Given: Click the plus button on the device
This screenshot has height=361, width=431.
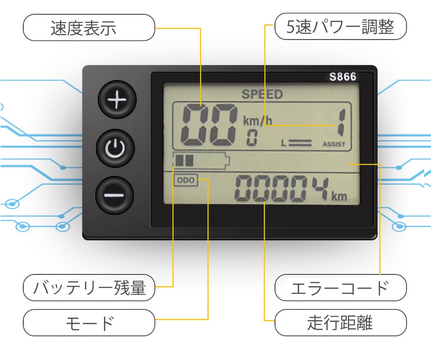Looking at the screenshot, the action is [117, 100].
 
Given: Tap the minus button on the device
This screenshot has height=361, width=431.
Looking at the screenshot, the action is [115, 195].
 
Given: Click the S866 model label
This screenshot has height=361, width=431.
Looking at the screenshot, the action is [343, 77].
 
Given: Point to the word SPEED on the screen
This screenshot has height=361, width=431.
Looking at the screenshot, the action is [262, 94].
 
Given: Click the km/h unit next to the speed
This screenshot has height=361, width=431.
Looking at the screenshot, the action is [257, 120].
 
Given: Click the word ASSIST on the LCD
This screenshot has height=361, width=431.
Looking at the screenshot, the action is [334, 144].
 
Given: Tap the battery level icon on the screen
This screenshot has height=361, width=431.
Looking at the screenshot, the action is [201, 160].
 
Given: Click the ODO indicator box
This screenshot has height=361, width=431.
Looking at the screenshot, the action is [186, 180].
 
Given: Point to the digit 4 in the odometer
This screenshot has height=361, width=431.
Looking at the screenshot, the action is [321, 188].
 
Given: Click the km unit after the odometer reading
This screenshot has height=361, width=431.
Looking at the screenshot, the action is [339, 196].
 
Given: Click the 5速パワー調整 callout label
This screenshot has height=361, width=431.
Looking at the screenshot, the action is [340, 26].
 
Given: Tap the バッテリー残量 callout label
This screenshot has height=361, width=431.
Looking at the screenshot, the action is [89, 287].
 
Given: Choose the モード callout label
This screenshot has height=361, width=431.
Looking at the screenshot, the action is [89, 323].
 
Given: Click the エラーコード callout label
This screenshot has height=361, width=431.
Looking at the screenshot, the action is [340, 287].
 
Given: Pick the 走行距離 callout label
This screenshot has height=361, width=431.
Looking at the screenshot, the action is [340, 323].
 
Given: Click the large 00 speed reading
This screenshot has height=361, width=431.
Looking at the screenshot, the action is [209, 125].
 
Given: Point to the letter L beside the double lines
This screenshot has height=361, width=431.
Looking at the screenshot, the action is [284, 143].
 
